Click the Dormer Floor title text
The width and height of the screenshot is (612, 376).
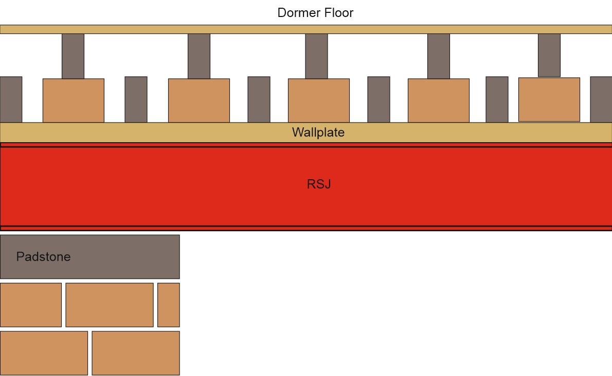click(x=315, y=13)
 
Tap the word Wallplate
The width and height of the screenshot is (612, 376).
click(x=318, y=132)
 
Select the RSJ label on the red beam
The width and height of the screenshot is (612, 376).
click(x=318, y=184)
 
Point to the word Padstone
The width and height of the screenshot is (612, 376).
click(x=43, y=257)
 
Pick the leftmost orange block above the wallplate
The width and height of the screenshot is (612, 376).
click(x=73, y=100)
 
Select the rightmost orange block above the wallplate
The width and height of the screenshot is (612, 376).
click(x=549, y=99)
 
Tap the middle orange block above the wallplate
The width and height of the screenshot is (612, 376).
click(x=318, y=100)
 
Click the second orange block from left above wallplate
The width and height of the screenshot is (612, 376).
click(x=199, y=100)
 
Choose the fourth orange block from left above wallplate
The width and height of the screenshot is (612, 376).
click(x=438, y=100)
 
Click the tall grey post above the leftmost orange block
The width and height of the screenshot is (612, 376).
click(x=73, y=56)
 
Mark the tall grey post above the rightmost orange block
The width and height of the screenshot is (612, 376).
click(x=549, y=55)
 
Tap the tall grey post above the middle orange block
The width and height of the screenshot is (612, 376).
click(x=316, y=56)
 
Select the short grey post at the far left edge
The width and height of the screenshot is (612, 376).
click(x=11, y=99)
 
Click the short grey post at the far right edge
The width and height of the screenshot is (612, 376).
click(x=601, y=99)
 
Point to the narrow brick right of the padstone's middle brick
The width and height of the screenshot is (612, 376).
click(x=168, y=304)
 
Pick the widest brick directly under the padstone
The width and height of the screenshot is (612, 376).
click(x=109, y=304)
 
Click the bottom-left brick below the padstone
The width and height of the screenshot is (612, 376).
click(x=44, y=353)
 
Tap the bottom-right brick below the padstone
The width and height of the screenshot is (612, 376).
click(x=135, y=353)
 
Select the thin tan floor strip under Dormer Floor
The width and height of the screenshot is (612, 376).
click(x=305, y=29)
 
